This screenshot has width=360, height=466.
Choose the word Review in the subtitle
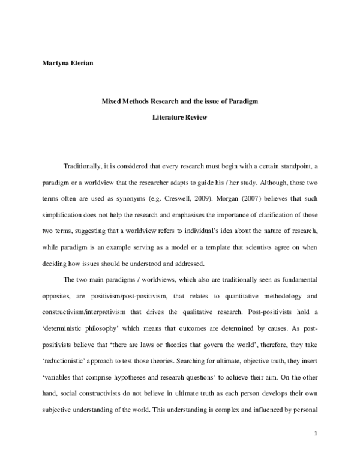click(x=197, y=117)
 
